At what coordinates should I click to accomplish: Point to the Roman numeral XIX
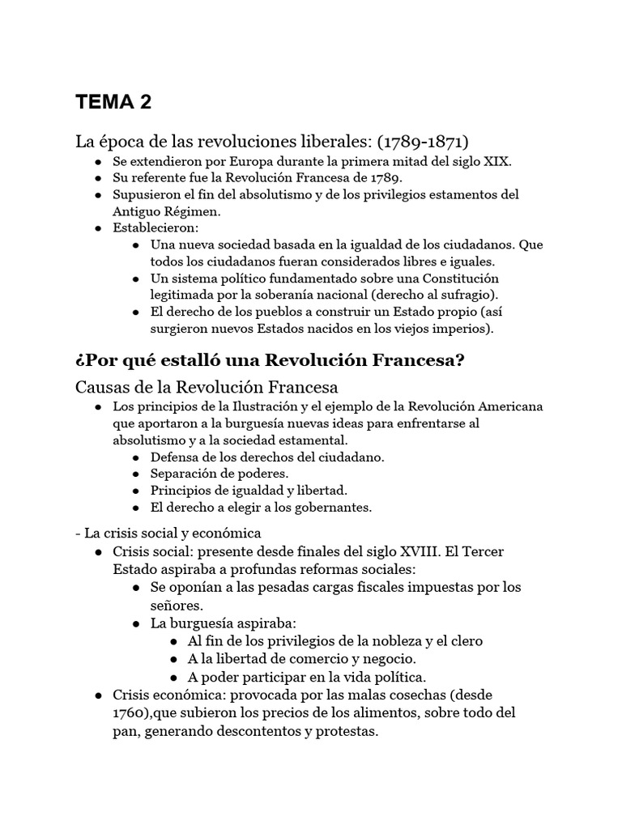pos(496,161)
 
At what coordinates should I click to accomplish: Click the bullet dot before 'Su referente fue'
pos(97,178)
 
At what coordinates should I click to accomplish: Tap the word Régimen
pos(191,210)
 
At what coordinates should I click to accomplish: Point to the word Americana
pos(509,406)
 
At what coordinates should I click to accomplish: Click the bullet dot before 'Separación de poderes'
pos(134,474)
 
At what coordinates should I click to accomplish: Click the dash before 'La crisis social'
pos(77,533)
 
